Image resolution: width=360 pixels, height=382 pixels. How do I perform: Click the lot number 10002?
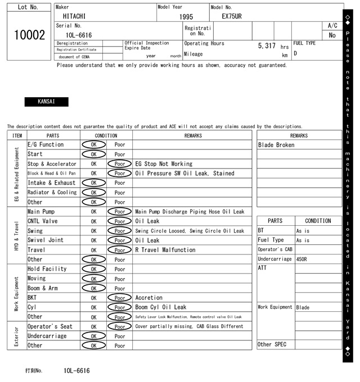point(29,35)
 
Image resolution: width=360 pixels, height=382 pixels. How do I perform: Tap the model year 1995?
point(186,17)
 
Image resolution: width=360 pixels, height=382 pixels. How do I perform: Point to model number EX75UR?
point(231,16)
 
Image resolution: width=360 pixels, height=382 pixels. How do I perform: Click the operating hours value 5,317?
point(266,46)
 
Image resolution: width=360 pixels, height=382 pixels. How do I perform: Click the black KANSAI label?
point(46,102)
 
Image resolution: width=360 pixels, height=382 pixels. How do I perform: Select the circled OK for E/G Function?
point(93,144)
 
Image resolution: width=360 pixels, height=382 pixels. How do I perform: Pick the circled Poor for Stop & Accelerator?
point(119,164)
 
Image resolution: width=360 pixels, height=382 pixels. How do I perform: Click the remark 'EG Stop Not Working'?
point(164,164)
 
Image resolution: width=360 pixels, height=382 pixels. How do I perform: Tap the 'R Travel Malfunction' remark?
point(165,250)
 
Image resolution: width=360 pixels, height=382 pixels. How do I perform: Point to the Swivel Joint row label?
point(46,240)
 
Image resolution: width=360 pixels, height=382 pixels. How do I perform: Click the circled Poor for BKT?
point(119,298)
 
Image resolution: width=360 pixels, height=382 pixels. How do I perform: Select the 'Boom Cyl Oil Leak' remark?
point(161,307)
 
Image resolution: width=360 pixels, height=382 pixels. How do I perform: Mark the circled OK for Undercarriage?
point(93,336)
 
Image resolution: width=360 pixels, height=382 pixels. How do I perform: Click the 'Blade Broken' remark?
point(276,145)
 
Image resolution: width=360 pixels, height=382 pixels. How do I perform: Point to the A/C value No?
point(332,35)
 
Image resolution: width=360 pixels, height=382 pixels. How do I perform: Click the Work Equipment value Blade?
point(303,307)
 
